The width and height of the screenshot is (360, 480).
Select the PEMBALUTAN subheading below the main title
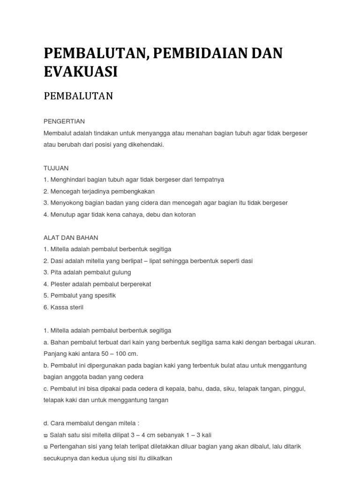click(78, 96)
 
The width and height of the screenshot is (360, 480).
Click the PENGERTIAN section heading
click(64, 121)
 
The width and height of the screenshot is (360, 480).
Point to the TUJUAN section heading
click(56, 167)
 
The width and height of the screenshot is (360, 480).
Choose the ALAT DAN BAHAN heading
click(71, 237)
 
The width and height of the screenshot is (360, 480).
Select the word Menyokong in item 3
click(66, 203)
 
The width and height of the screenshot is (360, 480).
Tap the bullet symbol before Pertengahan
click(45, 447)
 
